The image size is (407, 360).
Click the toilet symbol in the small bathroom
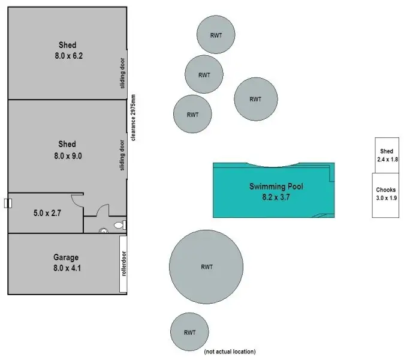click(119, 226)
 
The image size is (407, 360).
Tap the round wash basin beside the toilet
click(103, 229)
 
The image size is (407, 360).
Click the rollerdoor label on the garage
click(123, 264)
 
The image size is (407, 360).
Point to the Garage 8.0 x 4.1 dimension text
click(67, 263)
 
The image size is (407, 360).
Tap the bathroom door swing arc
click(102, 210)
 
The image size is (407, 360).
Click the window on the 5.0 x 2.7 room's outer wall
click(8, 203)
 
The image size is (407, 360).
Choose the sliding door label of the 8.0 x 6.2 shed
click(122, 73)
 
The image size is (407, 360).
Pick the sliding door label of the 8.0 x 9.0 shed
click(122, 155)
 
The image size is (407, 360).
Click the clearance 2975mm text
click(133, 118)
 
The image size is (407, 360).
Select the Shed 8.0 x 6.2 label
click(67, 50)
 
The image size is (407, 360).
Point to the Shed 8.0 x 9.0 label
click(67, 149)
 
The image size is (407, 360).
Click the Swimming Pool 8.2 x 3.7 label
click(276, 191)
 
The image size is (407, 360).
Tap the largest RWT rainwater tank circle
click(206, 266)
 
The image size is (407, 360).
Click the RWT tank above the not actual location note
click(190, 332)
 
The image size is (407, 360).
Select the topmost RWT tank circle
click(216, 35)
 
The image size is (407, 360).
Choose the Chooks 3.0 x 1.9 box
click(386, 194)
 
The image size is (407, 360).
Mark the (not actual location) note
click(230, 351)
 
